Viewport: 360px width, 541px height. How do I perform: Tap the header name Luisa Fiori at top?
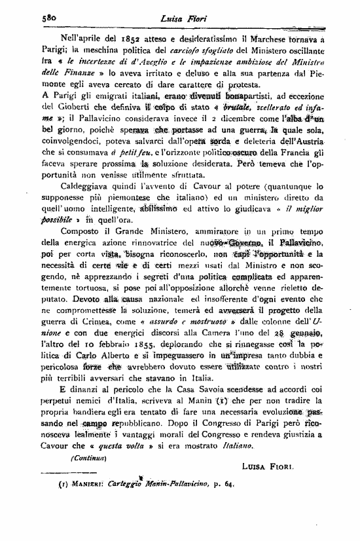coord(179,18)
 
